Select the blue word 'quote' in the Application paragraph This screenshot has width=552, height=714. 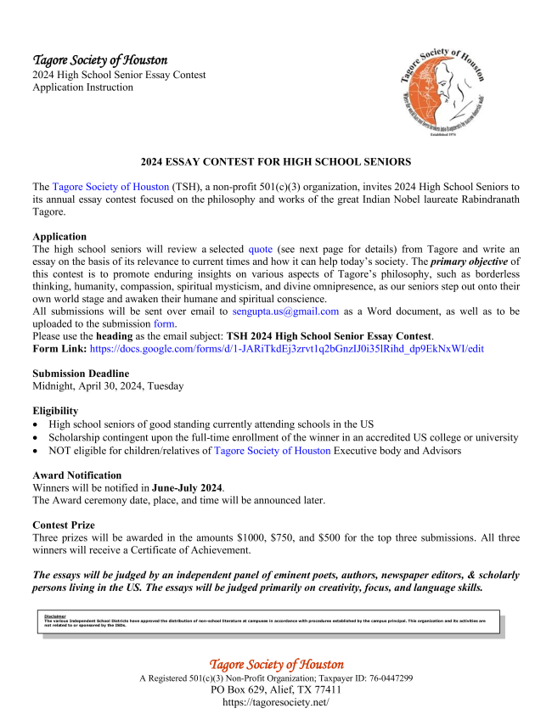point(261,250)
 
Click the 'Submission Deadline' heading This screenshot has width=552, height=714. point(81,374)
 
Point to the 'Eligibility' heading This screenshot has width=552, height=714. point(55,411)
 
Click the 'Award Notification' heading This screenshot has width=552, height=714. point(76,475)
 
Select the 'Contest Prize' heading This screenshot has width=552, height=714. point(67,526)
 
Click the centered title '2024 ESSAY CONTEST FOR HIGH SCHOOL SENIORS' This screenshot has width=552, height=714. point(276,161)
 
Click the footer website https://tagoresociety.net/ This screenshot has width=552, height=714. point(276,703)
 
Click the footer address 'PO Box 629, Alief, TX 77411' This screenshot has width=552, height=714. point(276,690)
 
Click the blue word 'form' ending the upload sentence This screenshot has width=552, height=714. point(165,323)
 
